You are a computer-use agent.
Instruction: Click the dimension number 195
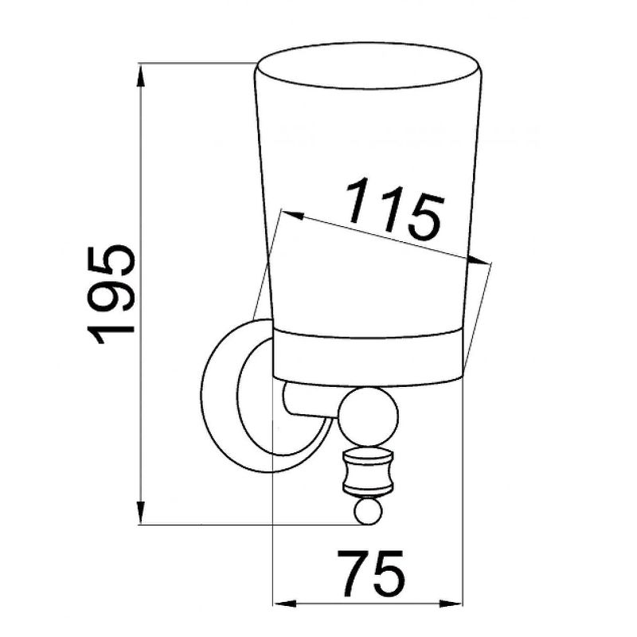(111, 295)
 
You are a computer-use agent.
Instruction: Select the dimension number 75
(370, 573)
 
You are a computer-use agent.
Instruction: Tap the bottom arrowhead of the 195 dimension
(140, 513)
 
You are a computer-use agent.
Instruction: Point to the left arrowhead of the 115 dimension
(292, 215)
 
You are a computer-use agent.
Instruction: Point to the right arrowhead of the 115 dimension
(479, 260)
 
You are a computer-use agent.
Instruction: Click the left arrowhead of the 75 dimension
(284, 604)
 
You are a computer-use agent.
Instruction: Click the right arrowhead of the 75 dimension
(451, 604)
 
